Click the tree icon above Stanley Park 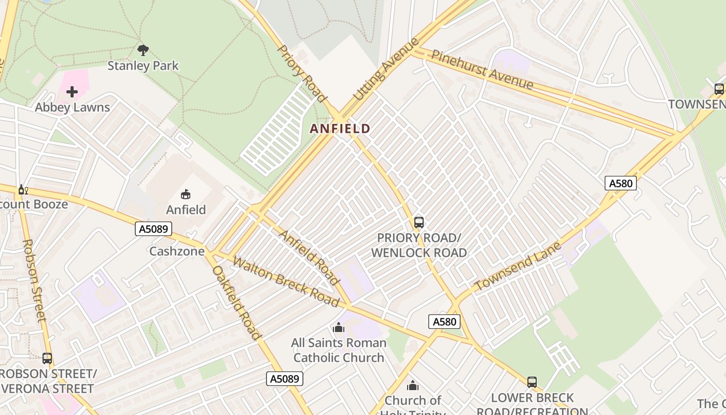143,50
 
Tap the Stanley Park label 143,66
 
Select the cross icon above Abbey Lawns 72,92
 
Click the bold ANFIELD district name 340,129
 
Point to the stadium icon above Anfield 186,194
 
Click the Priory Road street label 302,73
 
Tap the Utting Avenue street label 385,70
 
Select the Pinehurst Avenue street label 482,69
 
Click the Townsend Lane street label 518,266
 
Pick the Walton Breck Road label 286,282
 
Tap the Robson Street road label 35,280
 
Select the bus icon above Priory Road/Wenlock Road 419,223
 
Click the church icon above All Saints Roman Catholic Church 339,327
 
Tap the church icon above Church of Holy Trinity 413,385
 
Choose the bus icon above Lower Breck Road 532,382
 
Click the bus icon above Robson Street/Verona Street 47,358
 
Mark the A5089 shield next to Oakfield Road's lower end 285,379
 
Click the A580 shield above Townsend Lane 621,183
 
